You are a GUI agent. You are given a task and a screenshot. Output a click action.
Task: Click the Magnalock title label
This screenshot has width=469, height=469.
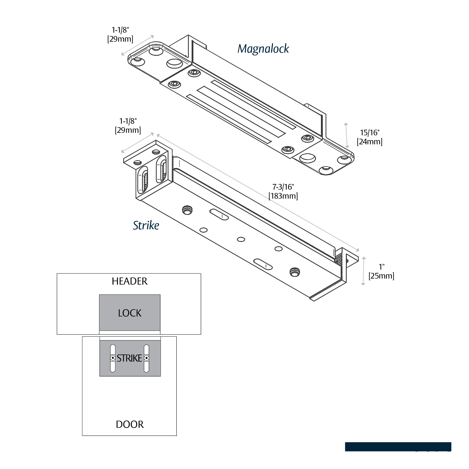(263, 49)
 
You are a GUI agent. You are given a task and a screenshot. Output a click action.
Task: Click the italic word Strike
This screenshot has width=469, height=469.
(146, 225)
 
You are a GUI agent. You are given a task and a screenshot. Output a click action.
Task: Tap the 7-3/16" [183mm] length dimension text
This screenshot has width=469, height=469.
(283, 191)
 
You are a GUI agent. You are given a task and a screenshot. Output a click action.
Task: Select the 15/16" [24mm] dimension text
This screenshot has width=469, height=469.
(369, 137)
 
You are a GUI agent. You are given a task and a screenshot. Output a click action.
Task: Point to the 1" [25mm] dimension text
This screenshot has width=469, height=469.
(381, 271)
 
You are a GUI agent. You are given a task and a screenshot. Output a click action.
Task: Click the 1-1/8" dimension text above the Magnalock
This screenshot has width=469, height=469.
(120, 34)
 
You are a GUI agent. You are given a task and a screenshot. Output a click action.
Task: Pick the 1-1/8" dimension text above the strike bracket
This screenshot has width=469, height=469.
(128, 125)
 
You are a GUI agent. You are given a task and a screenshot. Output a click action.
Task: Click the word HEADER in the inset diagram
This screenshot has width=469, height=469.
(129, 281)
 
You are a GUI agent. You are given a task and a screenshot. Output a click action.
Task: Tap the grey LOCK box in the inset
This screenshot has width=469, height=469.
(130, 313)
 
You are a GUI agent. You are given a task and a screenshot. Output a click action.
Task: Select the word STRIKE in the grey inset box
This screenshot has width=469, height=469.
(129, 358)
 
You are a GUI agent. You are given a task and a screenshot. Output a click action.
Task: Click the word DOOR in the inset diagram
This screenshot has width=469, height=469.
(130, 424)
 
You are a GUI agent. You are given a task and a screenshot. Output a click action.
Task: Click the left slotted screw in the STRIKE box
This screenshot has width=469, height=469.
(113, 358)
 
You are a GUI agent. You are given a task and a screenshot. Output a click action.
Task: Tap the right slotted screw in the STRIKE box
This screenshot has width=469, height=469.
(146, 358)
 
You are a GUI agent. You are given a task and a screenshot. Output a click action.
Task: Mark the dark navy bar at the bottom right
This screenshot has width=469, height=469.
(398, 446)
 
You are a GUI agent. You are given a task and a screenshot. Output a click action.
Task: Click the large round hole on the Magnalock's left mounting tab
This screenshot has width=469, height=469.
(174, 63)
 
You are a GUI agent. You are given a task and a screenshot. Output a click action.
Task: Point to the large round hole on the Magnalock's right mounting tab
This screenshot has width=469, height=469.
(308, 158)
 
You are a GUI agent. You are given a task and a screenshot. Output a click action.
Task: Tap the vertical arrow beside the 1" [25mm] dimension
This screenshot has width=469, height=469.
(363, 271)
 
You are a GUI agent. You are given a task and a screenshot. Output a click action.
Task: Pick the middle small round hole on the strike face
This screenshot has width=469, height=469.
(241, 239)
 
